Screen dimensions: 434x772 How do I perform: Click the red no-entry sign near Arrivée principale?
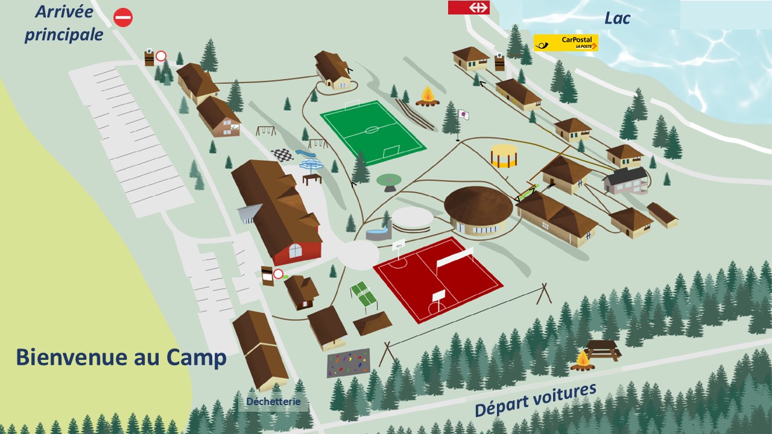[x=123, y=17]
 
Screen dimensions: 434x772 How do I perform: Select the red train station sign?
[x=469, y=7]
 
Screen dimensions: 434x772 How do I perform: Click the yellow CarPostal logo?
[x=566, y=42]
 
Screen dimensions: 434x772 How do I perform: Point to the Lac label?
[x=617, y=18]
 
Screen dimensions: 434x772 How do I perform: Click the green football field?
[x=372, y=132]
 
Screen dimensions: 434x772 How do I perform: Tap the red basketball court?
[x=437, y=278]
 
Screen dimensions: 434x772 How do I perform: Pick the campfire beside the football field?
[x=428, y=96]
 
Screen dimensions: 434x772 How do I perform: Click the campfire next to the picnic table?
[x=583, y=360]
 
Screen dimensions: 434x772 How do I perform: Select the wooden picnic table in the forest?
[x=603, y=349]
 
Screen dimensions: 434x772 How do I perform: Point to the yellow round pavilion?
[x=504, y=156]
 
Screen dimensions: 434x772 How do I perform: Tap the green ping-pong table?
[x=364, y=294]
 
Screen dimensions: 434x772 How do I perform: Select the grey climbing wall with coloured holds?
[x=349, y=363]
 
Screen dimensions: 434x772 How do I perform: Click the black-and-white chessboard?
[x=281, y=155]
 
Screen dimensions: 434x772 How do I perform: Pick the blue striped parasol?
[x=311, y=165]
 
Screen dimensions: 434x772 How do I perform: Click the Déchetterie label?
[x=273, y=402]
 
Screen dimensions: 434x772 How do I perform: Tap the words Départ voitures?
[x=535, y=400]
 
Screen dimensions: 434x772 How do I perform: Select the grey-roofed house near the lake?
[x=626, y=180]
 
